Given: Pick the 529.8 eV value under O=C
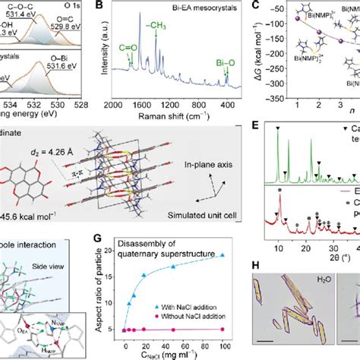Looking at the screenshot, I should [x=74, y=24].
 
